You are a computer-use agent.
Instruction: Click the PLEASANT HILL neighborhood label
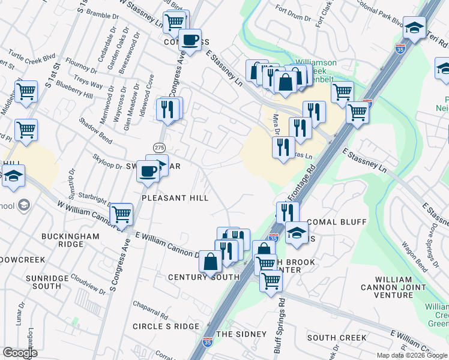coord(175,197)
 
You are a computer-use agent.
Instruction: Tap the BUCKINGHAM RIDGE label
coord(70,241)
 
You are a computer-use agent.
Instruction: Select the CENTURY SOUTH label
coord(203,277)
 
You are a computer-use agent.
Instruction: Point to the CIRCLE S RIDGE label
coord(166,326)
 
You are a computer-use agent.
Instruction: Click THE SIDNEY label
coord(241,334)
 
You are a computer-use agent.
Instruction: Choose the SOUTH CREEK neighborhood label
coord(337,338)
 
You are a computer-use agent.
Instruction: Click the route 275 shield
coord(159,148)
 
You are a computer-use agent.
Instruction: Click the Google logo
coord(20,353)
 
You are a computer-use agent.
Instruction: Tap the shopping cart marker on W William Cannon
coord(121,213)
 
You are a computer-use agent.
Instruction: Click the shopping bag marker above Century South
coord(210,262)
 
